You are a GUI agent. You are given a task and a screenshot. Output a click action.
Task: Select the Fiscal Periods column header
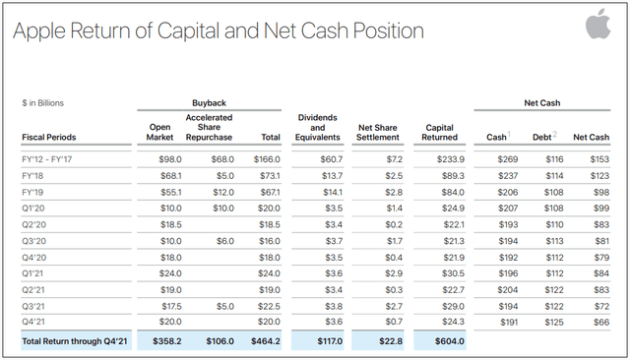point(49,137)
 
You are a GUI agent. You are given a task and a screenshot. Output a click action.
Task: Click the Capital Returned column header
point(439,131)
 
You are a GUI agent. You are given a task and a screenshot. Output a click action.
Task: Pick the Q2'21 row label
point(33,289)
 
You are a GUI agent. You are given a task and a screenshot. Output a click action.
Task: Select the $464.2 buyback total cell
point(265,341)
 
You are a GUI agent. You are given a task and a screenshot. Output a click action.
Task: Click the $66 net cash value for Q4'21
point(601,322)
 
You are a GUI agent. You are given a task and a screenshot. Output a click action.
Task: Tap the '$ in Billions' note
point(43,102)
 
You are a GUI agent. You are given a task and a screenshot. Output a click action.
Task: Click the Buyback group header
point(209,102)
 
